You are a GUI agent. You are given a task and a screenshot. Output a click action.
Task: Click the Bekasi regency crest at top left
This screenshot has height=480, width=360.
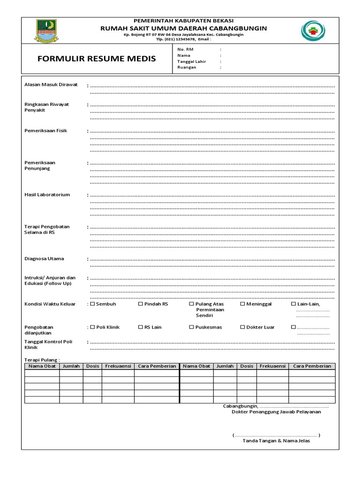(46, 31)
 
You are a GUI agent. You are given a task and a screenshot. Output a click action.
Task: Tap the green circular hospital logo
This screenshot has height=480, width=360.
(312, 31)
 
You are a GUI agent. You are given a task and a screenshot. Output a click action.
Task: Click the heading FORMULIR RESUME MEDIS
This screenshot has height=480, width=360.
(96, 59)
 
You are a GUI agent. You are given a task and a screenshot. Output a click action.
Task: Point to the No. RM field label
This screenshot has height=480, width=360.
(184, 49)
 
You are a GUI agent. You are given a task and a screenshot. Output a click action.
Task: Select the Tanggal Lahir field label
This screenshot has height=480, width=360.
(192, 61)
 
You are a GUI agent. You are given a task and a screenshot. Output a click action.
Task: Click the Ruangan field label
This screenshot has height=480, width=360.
(187, 67)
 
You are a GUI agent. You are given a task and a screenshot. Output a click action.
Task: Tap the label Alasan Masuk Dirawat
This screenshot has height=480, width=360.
(51, 85)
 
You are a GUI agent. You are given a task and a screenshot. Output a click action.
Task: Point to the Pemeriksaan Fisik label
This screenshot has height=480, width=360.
(45, 131)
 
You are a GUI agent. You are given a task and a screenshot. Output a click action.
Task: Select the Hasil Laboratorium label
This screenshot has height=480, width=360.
(47, 195)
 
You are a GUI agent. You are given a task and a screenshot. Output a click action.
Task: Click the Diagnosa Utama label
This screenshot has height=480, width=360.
(44, 259)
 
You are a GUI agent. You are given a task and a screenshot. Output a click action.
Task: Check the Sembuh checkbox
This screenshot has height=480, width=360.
(93, 304)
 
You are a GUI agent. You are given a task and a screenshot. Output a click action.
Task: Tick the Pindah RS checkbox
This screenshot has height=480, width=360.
(141, 304)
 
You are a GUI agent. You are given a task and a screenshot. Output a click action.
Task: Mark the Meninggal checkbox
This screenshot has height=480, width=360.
(243, 304)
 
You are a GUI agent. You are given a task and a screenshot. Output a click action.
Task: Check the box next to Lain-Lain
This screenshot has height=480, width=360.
(293, 304)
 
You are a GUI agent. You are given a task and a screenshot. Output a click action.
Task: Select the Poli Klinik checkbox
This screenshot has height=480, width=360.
(93, 327)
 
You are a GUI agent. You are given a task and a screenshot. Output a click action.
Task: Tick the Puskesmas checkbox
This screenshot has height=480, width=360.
(192, 327)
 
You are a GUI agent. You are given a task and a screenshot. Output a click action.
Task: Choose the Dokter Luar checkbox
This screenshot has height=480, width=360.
(243, 327)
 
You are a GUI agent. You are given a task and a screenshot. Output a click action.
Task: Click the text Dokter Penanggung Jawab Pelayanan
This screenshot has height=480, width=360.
(277, 412)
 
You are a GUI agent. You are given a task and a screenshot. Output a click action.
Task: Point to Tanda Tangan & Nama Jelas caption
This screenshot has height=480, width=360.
(276, 442)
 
